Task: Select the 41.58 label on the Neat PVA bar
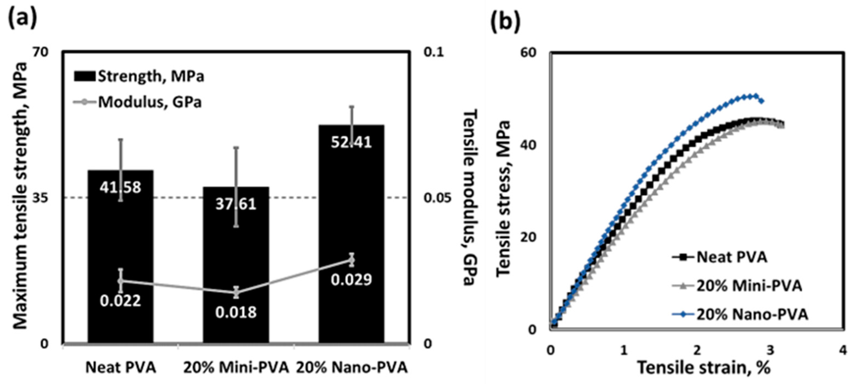120,187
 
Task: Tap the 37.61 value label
236,204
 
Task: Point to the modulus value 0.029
352,280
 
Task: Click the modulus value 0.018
236,312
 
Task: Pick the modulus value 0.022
120,301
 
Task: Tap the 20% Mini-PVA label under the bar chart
236,368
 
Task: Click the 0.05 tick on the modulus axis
437,198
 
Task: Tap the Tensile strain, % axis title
703,368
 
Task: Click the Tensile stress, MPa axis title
503,198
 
